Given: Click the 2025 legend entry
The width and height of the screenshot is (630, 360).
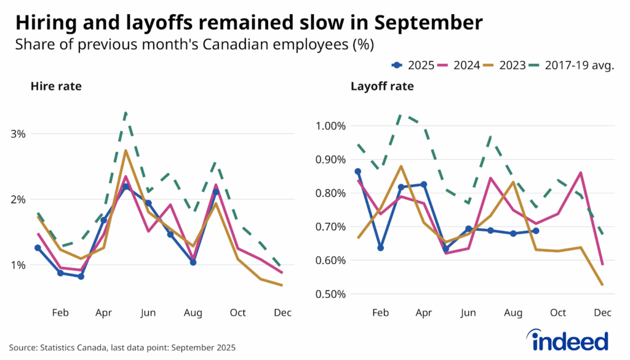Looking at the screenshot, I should tap(413, 65).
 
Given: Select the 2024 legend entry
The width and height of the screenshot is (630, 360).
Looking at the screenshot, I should tap(458, 65).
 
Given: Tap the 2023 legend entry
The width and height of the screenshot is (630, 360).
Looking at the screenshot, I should tap(504, 65).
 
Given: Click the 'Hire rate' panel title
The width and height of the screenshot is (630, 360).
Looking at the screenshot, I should tap(56, 87).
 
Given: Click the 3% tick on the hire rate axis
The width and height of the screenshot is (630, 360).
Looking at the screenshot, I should tap(17, 134).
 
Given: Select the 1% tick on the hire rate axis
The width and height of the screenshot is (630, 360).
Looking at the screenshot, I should tap(17, 265).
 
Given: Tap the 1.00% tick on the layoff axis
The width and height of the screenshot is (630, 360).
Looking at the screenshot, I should tap(330, 126).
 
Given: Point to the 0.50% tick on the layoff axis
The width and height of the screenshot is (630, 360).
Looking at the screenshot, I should tap(330, 294).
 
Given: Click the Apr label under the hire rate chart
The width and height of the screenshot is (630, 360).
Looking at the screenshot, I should tap(103, 313).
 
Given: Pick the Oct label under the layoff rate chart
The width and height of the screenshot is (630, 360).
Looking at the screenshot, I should tap(558, 313).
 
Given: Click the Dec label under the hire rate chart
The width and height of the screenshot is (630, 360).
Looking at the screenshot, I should tap(282, 313).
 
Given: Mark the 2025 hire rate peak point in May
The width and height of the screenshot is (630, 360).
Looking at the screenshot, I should tap(126, 186).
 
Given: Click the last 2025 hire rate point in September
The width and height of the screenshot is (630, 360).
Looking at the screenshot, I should tap(215, 192).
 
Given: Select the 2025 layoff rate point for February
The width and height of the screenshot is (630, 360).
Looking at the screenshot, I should tap(380, 248).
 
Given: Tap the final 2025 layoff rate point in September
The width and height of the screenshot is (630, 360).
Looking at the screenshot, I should tap(535, 231).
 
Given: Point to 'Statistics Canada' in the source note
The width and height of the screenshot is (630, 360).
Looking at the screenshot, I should tap(71, 348).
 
